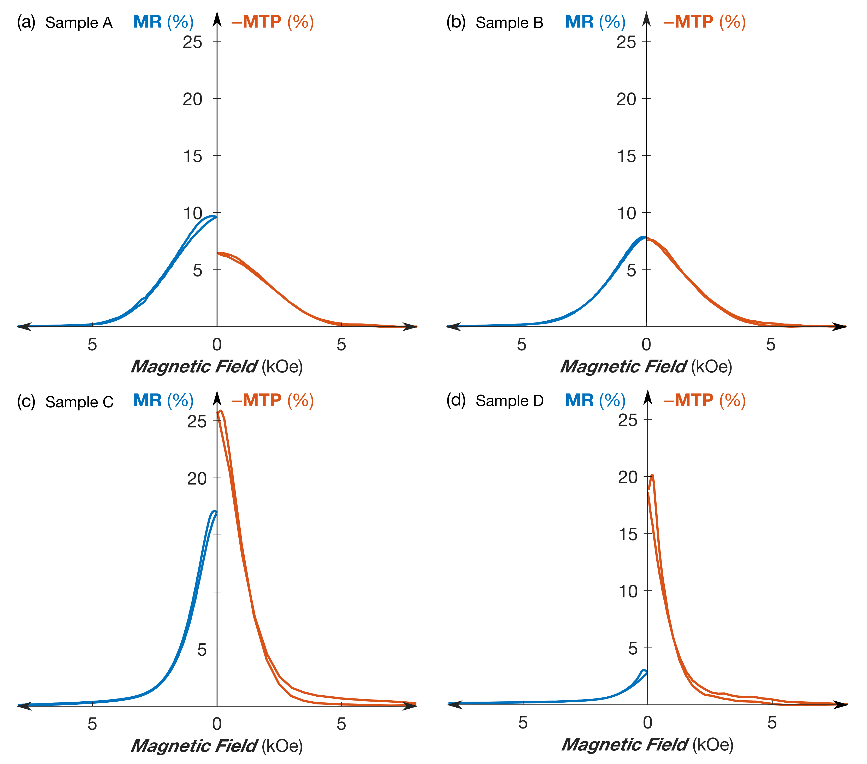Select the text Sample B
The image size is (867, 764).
(509, 22)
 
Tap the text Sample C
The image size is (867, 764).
(79, 402)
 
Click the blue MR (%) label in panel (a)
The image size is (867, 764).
(163, 22)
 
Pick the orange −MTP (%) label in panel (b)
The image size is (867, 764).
(704, 22)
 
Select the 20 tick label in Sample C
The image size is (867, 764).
(197, 479)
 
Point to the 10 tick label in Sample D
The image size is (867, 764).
(628, 591)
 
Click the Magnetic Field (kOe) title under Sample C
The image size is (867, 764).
(217, 745)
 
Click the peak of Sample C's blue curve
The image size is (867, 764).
(214, 511)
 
